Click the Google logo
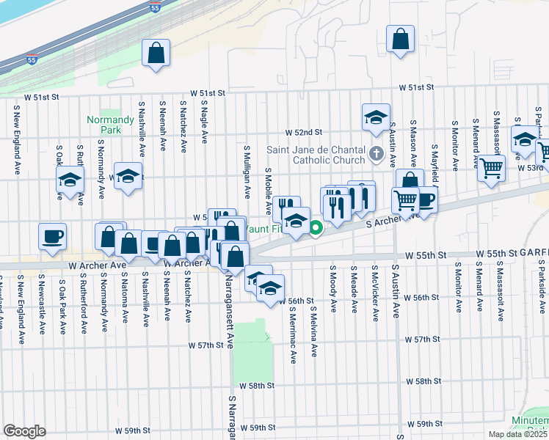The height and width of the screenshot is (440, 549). click(x=24, y=431)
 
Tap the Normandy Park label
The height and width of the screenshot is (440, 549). click(x=103, y=125)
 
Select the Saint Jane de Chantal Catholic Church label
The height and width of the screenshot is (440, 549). click(x=316, y=155)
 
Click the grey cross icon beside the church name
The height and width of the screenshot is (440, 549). click(x=377, y=154)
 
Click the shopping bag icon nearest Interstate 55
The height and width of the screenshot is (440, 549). click(x=156, y=54)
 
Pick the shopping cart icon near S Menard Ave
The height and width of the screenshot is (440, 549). click(x=491, y=168)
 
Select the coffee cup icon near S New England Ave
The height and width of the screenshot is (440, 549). click(x=52, y=237)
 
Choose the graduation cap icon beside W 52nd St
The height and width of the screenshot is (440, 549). click(x=375, y=117)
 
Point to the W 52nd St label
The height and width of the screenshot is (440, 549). click(x=305, y=132)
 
